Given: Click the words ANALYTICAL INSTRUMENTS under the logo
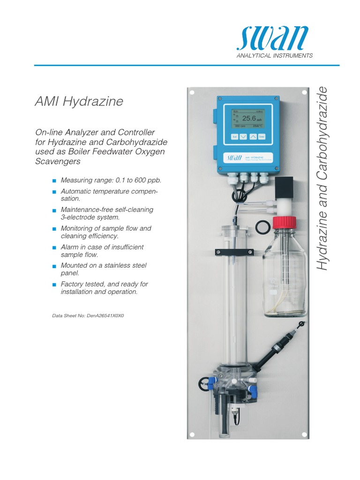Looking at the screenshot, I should [x=275, y=56].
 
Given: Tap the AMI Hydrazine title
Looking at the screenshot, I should [x=79, y=101].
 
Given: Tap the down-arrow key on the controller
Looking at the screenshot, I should [x=243, y=136].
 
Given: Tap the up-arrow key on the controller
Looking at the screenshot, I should [x=252, y=136].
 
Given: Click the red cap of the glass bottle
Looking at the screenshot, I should [x=284, y=222].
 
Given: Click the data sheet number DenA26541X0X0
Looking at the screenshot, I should [x=88, y=315].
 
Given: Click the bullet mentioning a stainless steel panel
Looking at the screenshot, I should [x=104, y=269].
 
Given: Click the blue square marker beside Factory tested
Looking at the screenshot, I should [x=54, y=285].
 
